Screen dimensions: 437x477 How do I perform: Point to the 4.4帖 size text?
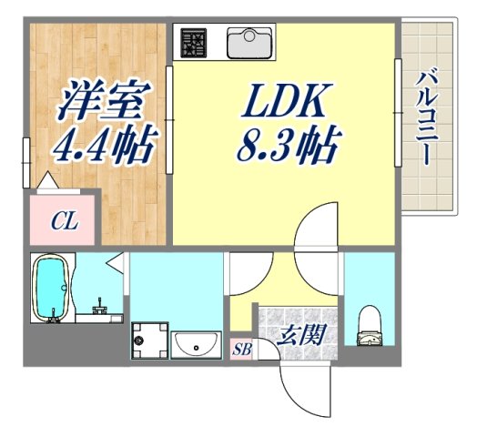click(102, 144)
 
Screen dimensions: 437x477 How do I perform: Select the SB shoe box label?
click(242, 349)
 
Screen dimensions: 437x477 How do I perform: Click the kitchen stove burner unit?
click(194, 43)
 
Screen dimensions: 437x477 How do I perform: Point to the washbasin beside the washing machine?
click(194, 345)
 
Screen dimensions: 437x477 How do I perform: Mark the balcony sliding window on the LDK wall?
click(398, 113)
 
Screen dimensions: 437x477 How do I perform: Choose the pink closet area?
click(64, 219)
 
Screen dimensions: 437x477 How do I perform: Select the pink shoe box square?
click(242, 349)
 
